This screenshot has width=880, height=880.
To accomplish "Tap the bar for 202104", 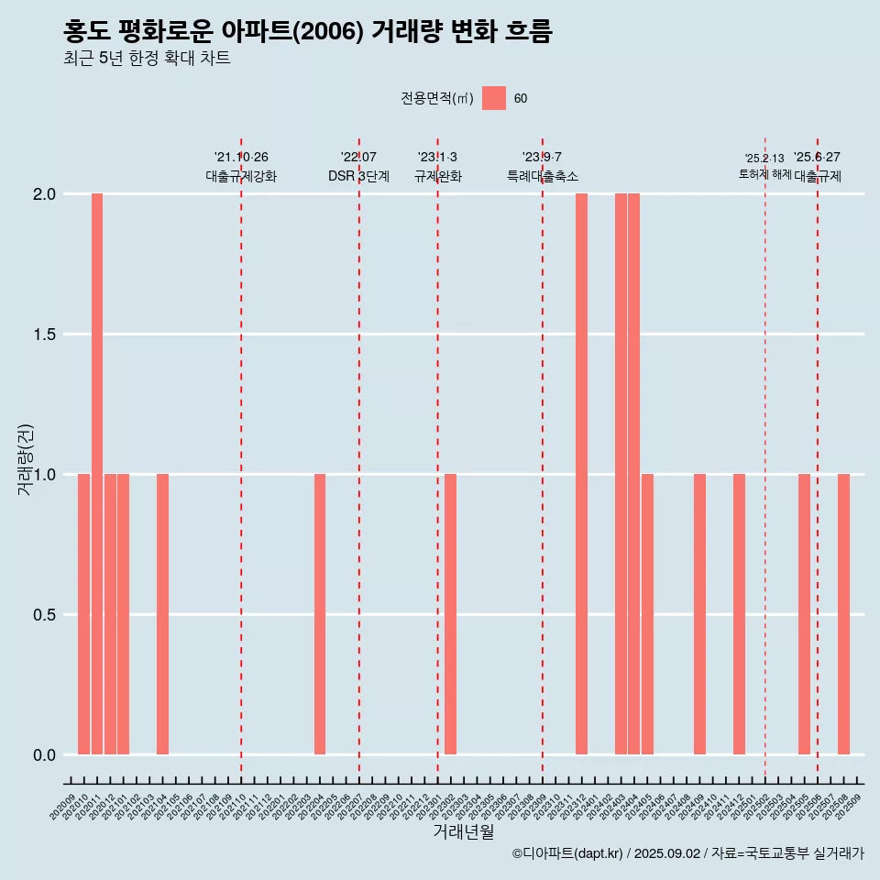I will pyautogui.click(x=162, y=614).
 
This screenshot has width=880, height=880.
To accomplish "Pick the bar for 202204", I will pyautogui.click(x=320, y=614).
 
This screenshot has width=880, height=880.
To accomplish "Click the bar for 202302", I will pyautogui.click(x=450, y=614).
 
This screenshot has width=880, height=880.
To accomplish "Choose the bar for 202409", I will pyautogui.click(x=699, y=614).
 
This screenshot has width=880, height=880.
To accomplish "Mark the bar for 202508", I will pyautogui.click(x=843, y=614).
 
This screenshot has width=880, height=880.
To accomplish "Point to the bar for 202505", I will pyautogui.click(x=804, y=614).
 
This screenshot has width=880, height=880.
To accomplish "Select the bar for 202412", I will pyautogui.click(x=739, y=614).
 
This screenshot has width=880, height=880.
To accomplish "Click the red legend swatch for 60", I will pyautogui.click(x=494, y=98).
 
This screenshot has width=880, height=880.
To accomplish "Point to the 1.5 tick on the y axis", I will pyautogui.click(x=43, y=335).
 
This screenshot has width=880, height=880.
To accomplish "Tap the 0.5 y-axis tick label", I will pyautogui.click(x=43, y=615).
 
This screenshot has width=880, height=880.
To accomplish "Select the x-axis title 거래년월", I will pyautogui.click(x=463, y=832).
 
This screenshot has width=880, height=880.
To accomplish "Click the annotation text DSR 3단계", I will pyautogui.click(x=359, y=176).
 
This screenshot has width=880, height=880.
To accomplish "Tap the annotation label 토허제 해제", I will pyautogui.click(x=764, y=174).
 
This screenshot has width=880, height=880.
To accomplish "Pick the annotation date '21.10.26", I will pyautogui.click(x=241, y=158).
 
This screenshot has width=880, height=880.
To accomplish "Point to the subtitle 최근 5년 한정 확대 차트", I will pyautogui.click(x=147, y=59).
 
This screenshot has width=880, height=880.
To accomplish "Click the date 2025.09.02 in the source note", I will pyautogui.click(x=667, y=853).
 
